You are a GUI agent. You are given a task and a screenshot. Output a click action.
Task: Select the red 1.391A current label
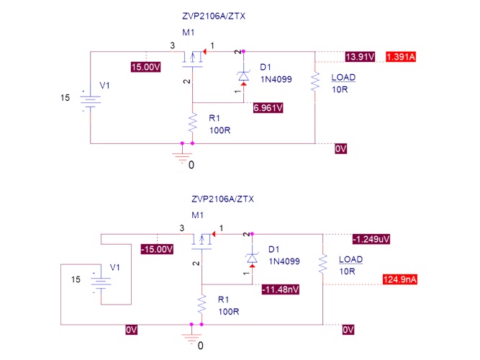point(402,57)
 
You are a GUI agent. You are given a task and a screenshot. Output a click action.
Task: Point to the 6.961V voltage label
point(268,108)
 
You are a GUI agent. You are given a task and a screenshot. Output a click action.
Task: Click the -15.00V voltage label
point(157,249)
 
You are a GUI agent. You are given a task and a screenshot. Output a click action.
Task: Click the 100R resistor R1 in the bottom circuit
point(201,304)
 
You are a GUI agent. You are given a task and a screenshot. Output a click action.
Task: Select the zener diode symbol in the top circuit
point(243,74)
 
